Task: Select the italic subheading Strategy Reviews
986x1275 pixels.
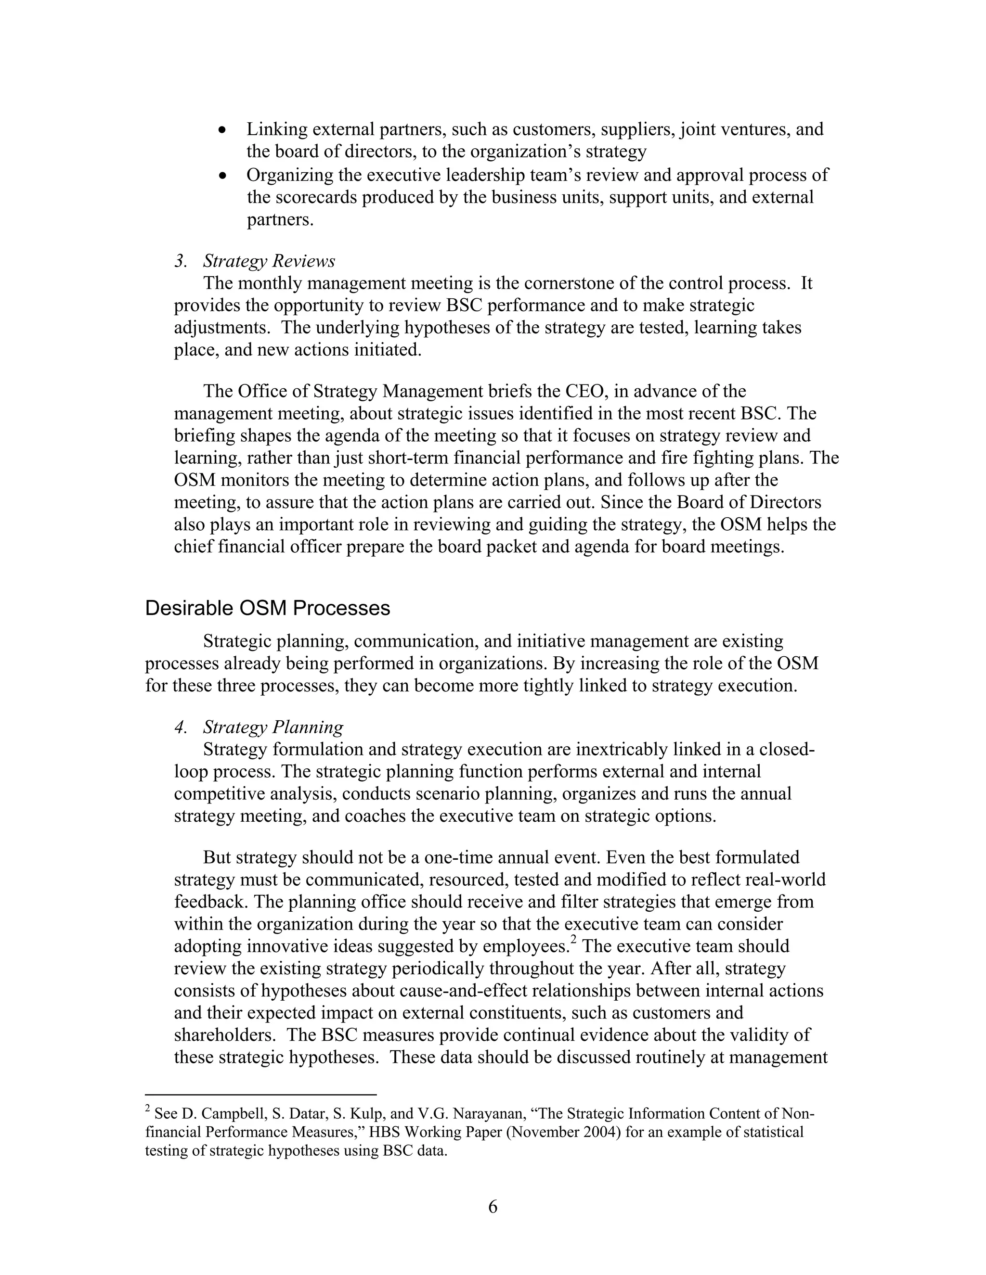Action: (x=269, y=261)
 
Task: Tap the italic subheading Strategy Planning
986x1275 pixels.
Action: (x=273, y=727)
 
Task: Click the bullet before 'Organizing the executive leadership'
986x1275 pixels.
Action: (x=222, y=176)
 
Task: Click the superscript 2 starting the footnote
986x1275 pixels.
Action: (x=148, y=1109)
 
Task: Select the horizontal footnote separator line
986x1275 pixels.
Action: (x=260, y=1095)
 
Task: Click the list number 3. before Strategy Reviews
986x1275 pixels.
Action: (x=181, y=261)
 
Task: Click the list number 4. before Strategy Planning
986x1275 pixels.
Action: (x=181, y=727)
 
